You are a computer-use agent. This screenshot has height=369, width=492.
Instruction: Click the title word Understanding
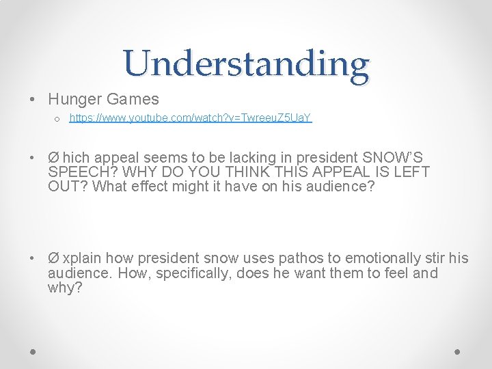tap(246, 64)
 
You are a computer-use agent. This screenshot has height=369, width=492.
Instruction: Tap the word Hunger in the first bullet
tap(73, 100)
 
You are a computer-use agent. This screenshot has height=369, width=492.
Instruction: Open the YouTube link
tap(191, 118)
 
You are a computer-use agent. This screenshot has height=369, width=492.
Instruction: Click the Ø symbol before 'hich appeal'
tap(53, 156)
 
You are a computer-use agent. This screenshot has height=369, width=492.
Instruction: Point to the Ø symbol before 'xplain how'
tap(53, 258)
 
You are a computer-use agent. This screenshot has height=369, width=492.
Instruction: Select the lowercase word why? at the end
tap(65, 288)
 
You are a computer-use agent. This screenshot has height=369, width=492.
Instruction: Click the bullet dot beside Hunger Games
tap(33, 100)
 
